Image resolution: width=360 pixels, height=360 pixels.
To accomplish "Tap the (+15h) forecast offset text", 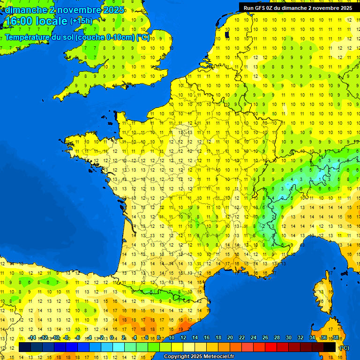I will tap(81, 21).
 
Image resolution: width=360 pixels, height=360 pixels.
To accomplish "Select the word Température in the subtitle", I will tap(27, 37).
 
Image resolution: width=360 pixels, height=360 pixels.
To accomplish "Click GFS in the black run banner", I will tap(261, 8).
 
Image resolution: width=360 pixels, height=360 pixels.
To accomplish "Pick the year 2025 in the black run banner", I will tap(344, 8).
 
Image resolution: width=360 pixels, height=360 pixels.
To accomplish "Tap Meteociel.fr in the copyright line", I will tap(218, 357).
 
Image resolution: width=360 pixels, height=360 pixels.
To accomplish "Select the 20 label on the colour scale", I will tap(230, 338).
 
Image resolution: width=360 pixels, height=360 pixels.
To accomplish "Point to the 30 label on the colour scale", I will tap(288, 338).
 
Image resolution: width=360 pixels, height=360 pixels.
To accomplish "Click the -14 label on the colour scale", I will tap(32, 338).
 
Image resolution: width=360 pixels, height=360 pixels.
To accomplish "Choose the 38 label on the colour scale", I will tap(335, 338).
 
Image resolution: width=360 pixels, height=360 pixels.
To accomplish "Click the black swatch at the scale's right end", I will tap(330, 347).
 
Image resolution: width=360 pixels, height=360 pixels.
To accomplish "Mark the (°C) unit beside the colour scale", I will tap(344, 348).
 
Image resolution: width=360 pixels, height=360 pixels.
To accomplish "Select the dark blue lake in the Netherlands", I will tap(227, 34).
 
